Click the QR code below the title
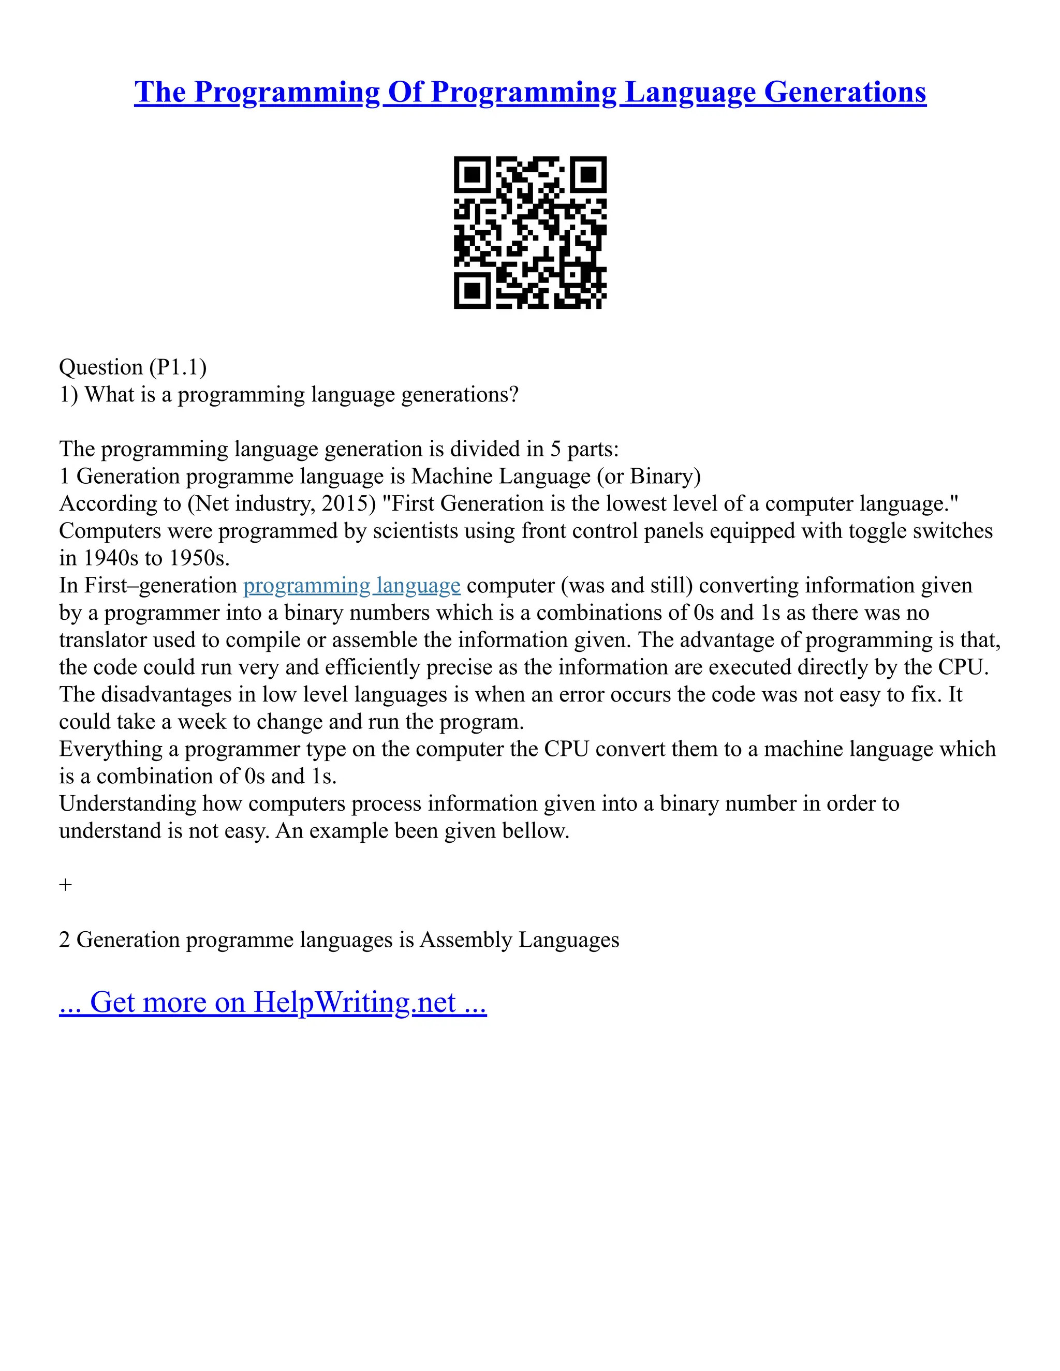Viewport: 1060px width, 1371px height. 530,232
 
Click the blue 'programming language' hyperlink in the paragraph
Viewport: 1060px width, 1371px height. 351,586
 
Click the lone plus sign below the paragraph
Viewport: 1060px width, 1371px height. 65,885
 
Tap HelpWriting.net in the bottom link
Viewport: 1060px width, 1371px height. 354,1003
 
